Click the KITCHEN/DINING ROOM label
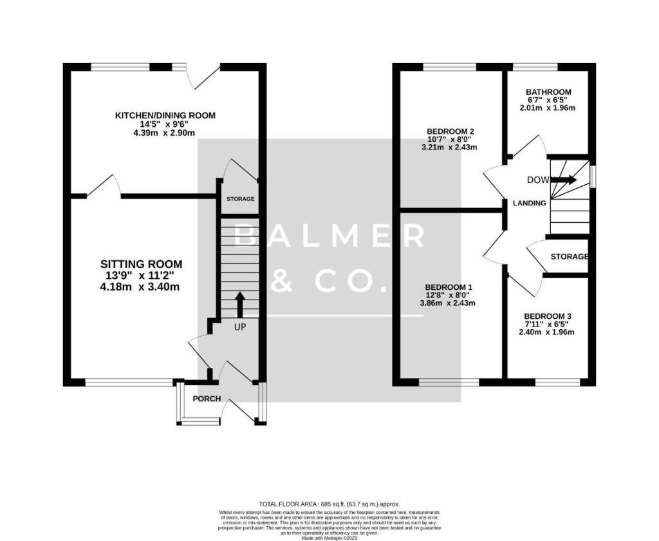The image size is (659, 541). tap(165, 115)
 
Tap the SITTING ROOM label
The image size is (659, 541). tap(141, 264)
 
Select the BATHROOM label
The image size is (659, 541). tap(548, 92)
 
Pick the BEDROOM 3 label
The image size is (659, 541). tap(548, 316)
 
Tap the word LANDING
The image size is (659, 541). tap(529, 204)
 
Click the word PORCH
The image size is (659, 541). tap(207, 399)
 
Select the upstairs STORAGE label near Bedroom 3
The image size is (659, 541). tap(569, 256)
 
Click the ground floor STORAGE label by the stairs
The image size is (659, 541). tap(240, 200)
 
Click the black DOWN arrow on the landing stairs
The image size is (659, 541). tap(562, 180)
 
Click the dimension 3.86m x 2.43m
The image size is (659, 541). tap(449, 303)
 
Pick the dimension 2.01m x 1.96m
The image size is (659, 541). tap(548, 108)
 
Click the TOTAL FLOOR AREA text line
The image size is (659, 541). tap(329, 504)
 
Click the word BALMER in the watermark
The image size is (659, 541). tap(329, 236)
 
